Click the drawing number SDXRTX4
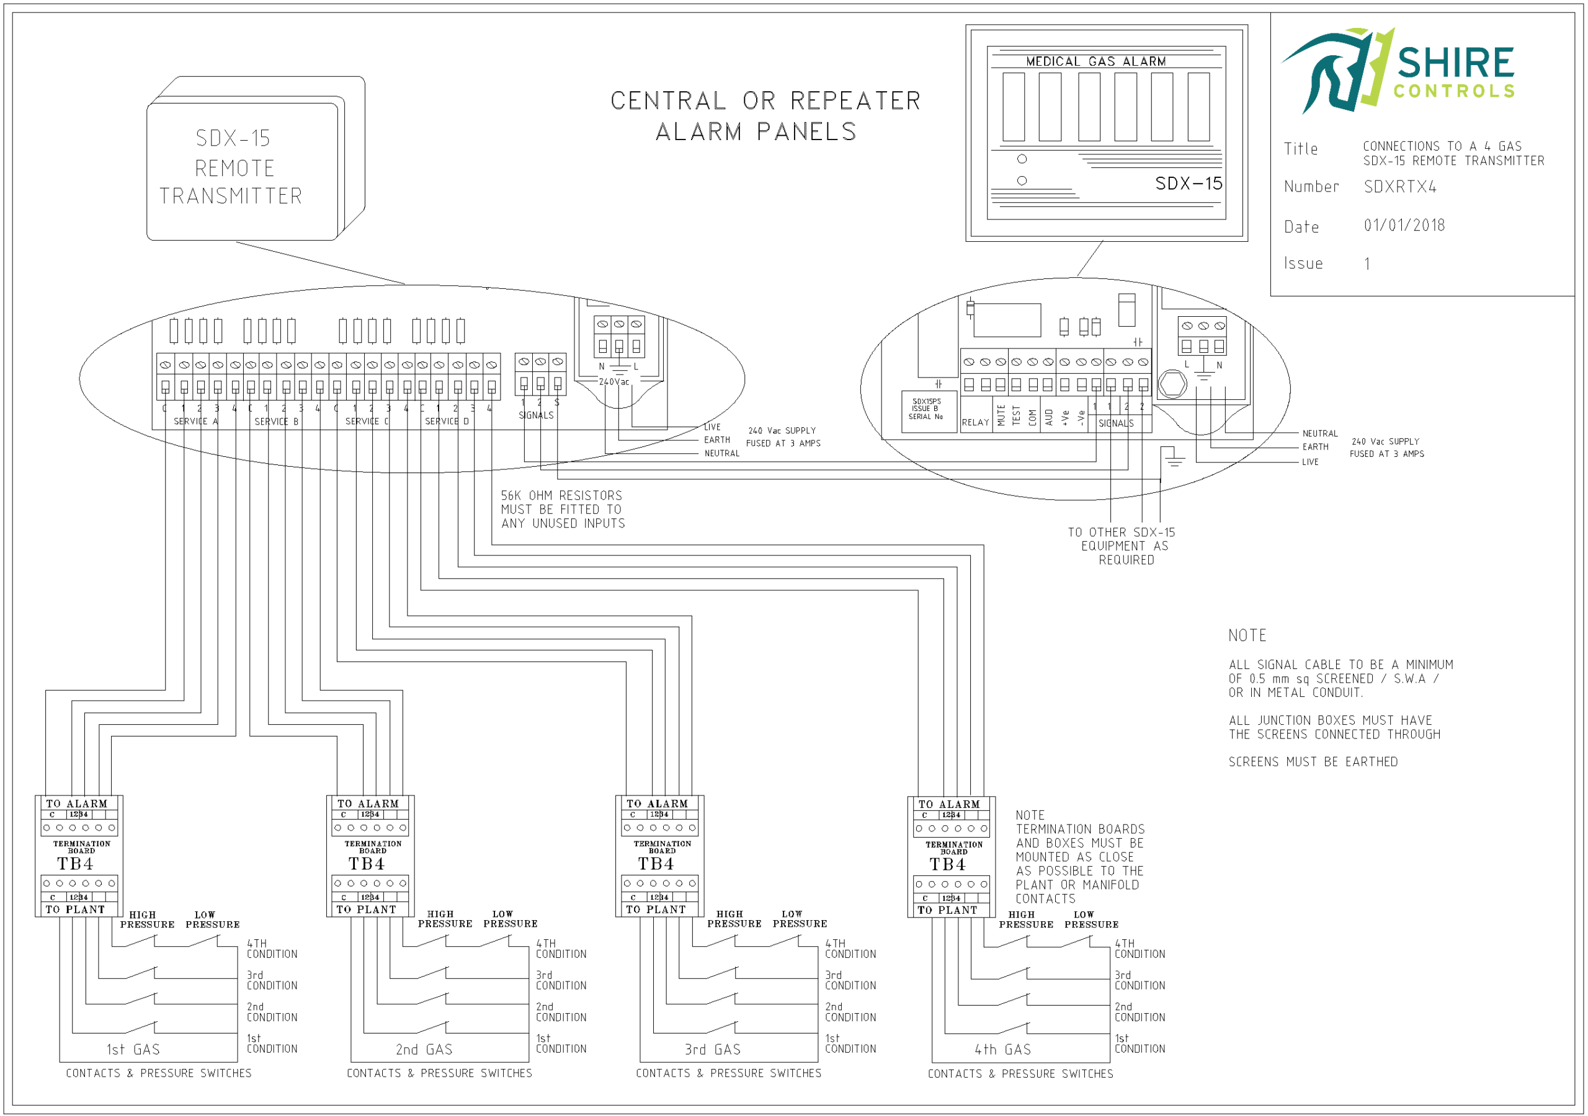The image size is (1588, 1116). point(1399,187)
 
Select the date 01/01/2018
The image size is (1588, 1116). point(1404,226)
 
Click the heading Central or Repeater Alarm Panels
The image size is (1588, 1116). point(764,115)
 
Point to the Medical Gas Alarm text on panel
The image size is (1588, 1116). point(1095,61)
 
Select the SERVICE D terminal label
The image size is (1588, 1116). point(446,421)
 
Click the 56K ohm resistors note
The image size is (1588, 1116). point(562,510)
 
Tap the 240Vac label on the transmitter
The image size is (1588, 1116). point(614,382)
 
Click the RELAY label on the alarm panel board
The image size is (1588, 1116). point(975,422)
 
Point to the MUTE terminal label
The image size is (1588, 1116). point(1001,415)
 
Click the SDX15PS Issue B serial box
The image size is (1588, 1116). point(926,409)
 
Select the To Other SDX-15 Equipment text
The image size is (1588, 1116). point(1121,546)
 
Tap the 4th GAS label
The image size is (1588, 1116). point(1003,1050)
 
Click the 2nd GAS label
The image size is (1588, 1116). point(424,1050)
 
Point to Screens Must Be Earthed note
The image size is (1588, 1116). point(1313,762)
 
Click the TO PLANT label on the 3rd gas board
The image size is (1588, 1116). point(656,910)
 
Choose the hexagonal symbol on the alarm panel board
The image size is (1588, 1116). point(1172,384)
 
